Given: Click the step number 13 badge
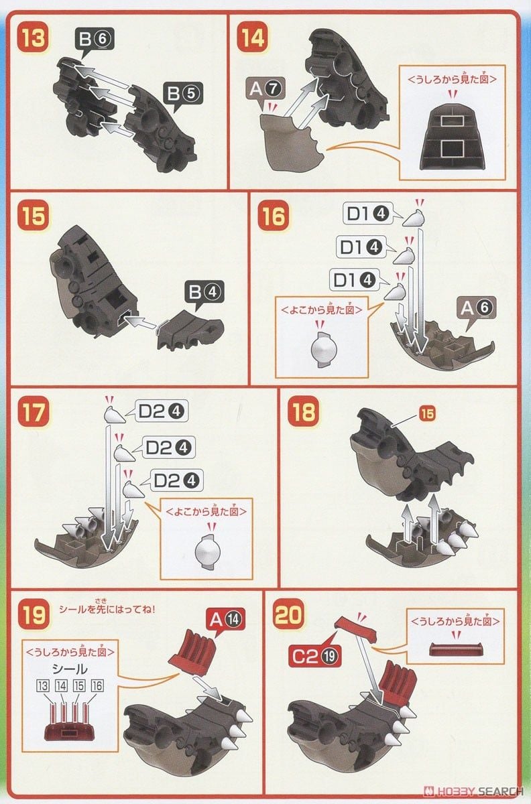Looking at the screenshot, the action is pyautogui.click(x=34, y=38).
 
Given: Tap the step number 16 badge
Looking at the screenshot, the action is pyautogui.click(x=274, y=216).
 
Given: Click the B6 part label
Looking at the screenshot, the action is pyautogui.click(x=95, y=39).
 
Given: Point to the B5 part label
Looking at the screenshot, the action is pyautogui.click(x=183, y=93).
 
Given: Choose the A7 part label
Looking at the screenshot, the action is pyautogui.click(x=265, y=88).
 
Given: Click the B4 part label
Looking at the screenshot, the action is pyautogui.click(x=204, y=292).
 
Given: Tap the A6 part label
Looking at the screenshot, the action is pyautogui.click(x=477, y=308).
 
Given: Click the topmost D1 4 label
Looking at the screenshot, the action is pyautogui.click(x=368, y=214).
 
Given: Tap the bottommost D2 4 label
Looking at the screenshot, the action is pyautogui.click(x=176, y=480).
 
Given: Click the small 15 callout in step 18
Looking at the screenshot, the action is pyautogui.click(x=427, y=414).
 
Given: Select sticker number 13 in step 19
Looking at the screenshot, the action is pyautogui.click(x=43, y=685).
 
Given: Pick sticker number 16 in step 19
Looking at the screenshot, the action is pyautogui.click(x=97, y=685).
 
